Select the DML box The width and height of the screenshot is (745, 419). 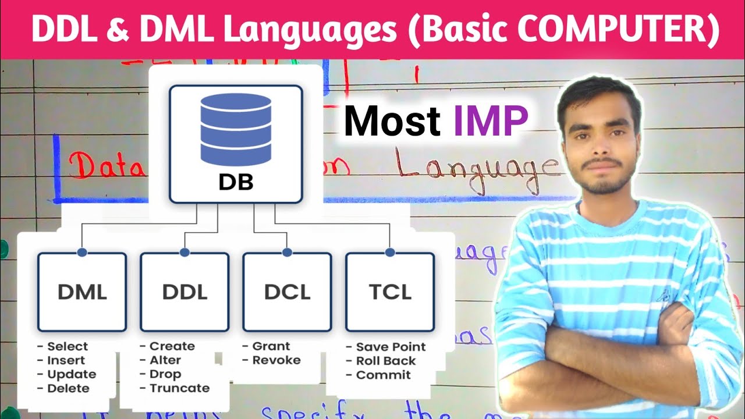tap(82, 292)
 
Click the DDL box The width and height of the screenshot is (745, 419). tap(185, 292)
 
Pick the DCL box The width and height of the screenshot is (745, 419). tap(287, 292)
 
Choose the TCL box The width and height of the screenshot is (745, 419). tap(390, 292)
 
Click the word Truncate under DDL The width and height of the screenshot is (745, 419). tap(179, 388)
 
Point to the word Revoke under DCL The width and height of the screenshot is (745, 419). tap(276, 360)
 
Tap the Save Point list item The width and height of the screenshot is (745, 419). tap(391, 347)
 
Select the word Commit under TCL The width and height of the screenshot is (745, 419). tap(383, 375)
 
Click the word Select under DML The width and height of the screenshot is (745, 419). tap(68, 346)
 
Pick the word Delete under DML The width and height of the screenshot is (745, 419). tap(68, 388)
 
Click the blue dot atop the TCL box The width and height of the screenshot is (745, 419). tap(390, 253)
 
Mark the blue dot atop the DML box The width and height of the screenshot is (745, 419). tap(82, 253)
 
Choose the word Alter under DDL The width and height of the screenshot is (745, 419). tap(165, 360)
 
